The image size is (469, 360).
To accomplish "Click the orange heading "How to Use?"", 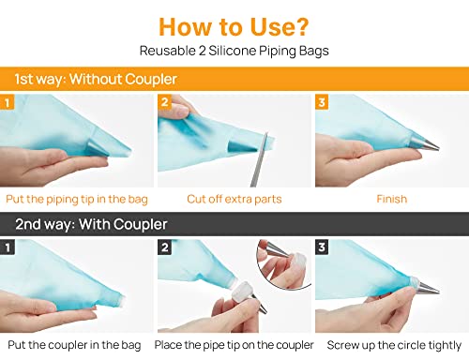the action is [234, 27].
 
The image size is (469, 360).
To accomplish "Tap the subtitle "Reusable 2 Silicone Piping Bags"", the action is [234, 51].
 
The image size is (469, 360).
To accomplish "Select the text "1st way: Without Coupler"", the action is [96, 79].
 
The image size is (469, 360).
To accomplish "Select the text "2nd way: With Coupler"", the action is [91, 224].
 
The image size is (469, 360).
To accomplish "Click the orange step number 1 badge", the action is [8, 102].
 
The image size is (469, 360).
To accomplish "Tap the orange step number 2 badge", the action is [165, 102].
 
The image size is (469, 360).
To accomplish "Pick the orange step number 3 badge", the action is [322, 102].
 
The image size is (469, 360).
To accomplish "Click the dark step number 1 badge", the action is [8, 247].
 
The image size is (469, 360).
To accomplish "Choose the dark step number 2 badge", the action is [165, 247].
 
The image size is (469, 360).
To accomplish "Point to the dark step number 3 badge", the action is [322, 247].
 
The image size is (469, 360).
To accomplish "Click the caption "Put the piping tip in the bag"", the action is [77, 200].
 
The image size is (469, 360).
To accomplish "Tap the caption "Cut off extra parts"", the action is [234, 199].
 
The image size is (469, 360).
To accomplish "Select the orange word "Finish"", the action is [392, 199].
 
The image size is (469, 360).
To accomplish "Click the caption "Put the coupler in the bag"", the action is [74, 345].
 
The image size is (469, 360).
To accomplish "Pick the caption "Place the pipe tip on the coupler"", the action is [234, 345].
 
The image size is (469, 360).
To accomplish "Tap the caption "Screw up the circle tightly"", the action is [394, 345].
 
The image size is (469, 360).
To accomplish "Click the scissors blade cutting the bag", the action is [259, 159].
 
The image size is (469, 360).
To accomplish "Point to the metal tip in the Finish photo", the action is [424, 143].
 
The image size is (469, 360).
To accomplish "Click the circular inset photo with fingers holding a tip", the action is [283, 264].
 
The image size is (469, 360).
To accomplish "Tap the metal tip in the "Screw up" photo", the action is [427, 286].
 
